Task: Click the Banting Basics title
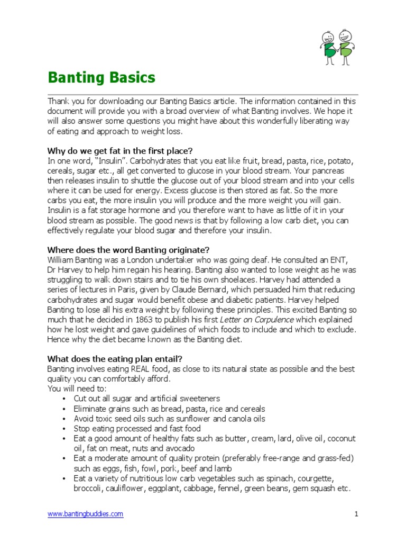[x=101, y=78]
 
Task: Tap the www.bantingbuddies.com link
[x=86, y=514]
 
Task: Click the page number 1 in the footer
[x=357, y=514]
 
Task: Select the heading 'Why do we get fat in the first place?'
[x=120, y=151]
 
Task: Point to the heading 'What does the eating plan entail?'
[x=109, y=359]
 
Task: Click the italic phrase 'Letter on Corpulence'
[x=256, y=320]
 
